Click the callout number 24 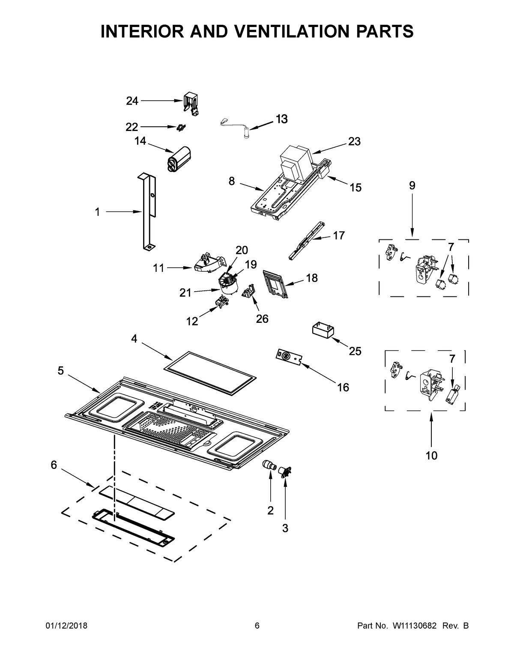132,101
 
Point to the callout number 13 281,119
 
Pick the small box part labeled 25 323,331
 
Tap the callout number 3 285,528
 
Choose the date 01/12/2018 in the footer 66,626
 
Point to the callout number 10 431,456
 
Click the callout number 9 412,185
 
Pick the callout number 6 54,465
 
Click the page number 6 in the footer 257,626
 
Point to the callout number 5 61,371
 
